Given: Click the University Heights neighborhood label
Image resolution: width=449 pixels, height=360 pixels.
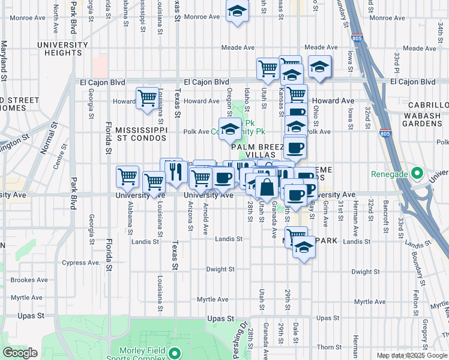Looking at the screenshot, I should click(62, 49).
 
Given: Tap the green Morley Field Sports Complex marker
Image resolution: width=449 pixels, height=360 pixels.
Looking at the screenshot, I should click(175, 352).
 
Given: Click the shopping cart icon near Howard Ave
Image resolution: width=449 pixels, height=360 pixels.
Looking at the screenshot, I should click(147, 97).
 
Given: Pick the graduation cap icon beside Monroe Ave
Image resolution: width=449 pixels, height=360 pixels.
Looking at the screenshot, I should click(238, 11).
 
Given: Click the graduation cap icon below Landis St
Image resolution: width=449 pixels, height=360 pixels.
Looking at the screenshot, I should click(304, 247).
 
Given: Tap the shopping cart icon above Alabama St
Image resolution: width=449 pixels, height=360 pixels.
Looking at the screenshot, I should click(127, 176).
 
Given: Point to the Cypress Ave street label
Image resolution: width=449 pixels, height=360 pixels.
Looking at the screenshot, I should click(80, 263).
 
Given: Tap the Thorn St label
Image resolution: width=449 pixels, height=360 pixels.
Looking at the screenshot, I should click(329, 347).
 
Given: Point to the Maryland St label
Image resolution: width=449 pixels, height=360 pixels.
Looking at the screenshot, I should click(4, 60).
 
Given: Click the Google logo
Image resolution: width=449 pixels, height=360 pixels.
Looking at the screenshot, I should click(20, 353).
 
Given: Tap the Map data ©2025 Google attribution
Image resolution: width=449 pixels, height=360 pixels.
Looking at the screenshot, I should click(411, 355).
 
